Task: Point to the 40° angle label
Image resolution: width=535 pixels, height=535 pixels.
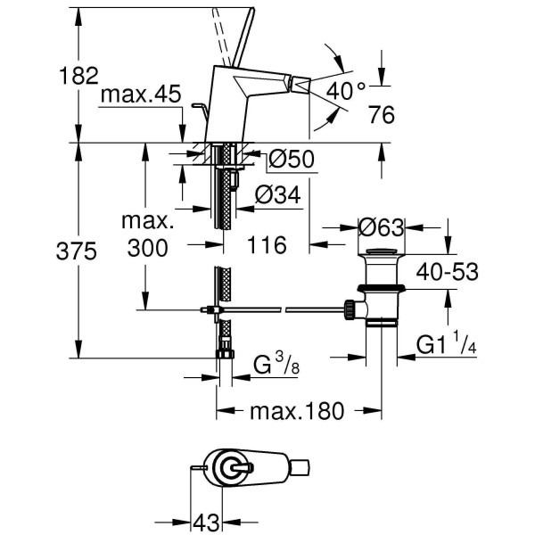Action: (x=346, y=90)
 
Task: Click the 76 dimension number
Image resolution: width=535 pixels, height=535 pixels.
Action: (x=381, y=116)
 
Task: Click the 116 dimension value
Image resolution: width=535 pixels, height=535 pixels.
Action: (x=267, y=246)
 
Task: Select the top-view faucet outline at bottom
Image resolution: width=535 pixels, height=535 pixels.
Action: (x=254, y=468)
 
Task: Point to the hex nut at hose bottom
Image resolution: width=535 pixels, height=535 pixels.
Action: (x=226, y=354)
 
